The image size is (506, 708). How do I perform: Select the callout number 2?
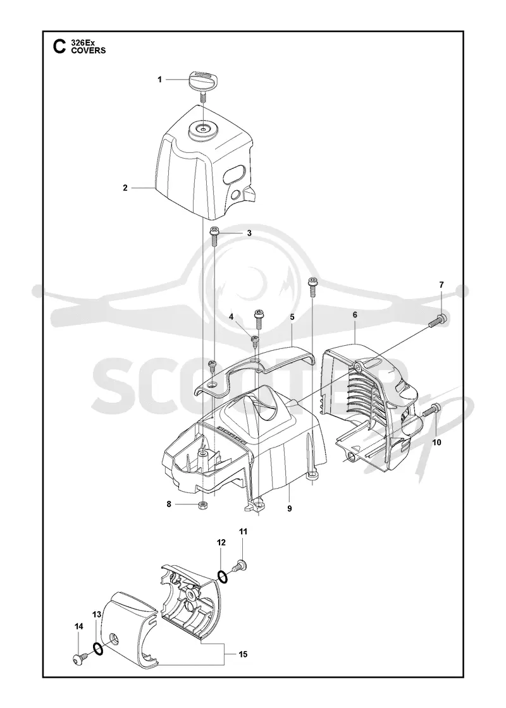tap(125, 188)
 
